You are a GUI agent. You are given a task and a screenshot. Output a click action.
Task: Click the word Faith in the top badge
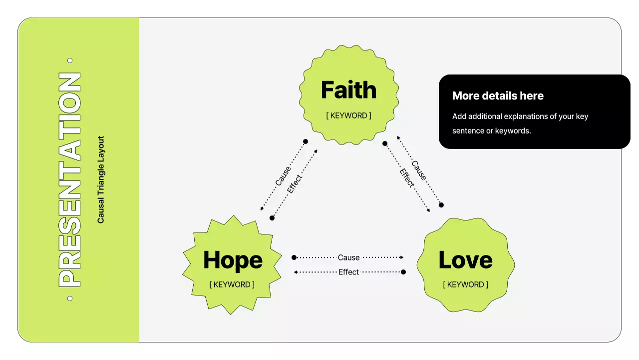[348, 90]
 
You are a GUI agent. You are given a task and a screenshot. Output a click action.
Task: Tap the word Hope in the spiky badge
[233, 260]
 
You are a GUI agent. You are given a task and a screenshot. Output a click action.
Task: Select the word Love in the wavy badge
[465, 260]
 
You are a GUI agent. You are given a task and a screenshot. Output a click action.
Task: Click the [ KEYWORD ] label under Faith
[348, 115]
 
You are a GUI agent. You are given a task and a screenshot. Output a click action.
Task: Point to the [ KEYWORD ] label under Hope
[232, 284]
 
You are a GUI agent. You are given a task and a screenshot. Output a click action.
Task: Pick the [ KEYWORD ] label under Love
[465, 284]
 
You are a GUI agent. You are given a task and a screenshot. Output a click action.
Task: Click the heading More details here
[498, 96]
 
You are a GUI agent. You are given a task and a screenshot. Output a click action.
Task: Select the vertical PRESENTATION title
[70, 180]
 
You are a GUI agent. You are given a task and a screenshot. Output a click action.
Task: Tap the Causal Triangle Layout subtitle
[101, 180]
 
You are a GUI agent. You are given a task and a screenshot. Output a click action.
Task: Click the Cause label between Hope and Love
[348, 257]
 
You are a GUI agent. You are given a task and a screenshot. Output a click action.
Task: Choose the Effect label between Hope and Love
[348, 272]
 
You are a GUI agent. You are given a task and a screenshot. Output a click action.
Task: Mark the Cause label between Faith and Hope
[283, 175]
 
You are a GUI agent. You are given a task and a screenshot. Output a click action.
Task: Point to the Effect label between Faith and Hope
[295, 183]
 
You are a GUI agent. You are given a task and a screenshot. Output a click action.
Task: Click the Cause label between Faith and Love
[419, 170]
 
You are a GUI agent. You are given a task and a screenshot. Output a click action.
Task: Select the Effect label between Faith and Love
[407, 178]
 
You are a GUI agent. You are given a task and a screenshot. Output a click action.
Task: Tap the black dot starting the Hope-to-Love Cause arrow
[294, 257]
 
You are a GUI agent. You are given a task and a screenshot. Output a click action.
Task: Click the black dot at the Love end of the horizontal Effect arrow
[403, 272]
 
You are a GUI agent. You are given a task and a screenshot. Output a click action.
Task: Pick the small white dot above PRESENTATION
[70, 60]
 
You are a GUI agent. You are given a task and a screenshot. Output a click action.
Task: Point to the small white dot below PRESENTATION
[70, 298]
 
